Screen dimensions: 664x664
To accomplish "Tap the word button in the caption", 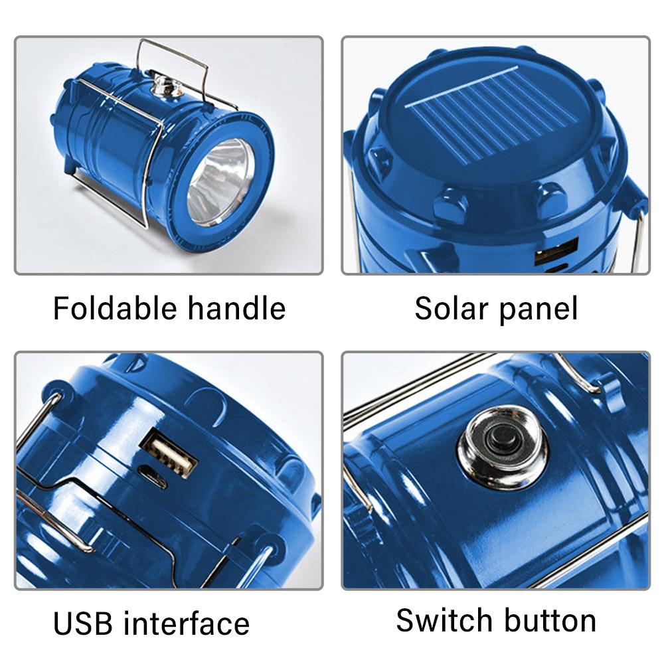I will [549, 620].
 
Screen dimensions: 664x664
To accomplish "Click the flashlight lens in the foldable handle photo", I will [221, 181].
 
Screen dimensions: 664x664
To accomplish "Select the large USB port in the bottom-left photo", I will [172, 454].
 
